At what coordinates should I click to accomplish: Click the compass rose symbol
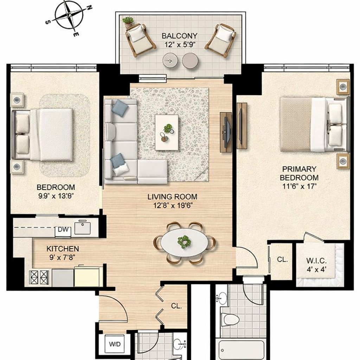tap(69, 15)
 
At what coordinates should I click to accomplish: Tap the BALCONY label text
tap(179, 36)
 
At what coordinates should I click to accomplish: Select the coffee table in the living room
tap(167, 133)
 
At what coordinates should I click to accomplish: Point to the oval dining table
tap(184, 243)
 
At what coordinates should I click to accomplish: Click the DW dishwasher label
tap(63, 229)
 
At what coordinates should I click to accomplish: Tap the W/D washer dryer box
tap(115, 344)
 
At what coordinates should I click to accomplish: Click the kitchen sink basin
tap(83, 227)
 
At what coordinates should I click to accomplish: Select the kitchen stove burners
tap(39, 277)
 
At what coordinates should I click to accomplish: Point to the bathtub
tap(241, 350)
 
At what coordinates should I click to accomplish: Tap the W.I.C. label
tap(316, 261)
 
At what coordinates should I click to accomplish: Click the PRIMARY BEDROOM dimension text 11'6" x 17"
tap(299, 186)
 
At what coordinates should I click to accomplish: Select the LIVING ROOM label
tap(172, 197)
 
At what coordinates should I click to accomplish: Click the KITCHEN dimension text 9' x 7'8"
tap(62, 257)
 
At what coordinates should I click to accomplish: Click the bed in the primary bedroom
tap(315, 124)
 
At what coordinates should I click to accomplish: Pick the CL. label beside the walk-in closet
tap(282, 259)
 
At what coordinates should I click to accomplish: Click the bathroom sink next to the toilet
tap(221, 298)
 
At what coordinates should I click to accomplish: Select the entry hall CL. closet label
tap(176, 306)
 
